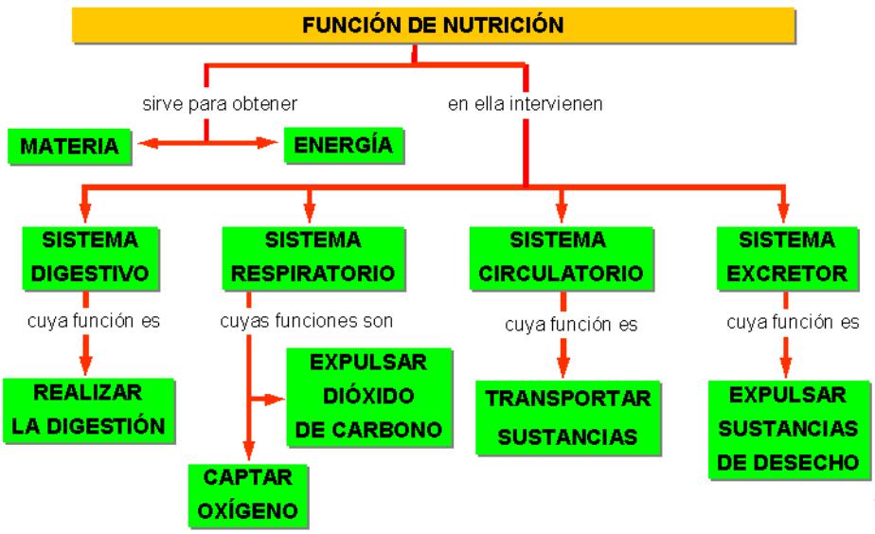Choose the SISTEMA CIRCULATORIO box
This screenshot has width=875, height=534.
[562, 256]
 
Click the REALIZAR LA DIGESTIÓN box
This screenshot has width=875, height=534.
[89, 410]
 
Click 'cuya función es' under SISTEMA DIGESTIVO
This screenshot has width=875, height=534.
[93, 320]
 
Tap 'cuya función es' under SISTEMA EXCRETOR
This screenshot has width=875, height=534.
[793, 320]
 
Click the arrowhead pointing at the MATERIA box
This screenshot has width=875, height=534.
[145, 146]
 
